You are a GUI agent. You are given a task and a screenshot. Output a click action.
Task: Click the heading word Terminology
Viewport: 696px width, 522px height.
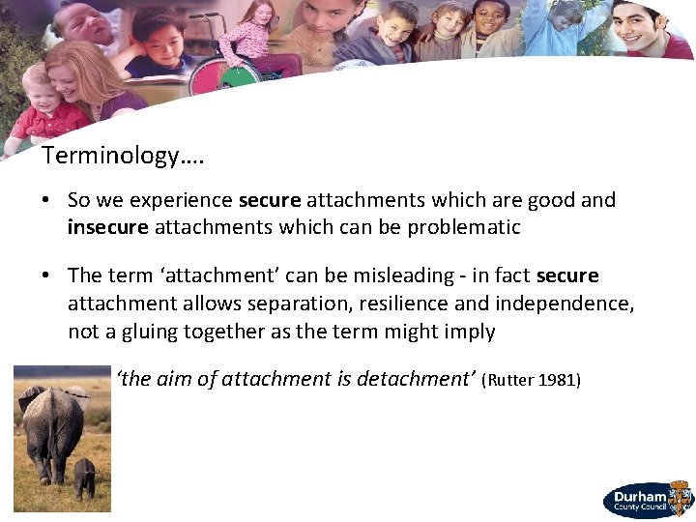112,155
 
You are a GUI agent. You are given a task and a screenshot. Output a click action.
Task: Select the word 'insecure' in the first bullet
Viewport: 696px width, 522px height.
107,227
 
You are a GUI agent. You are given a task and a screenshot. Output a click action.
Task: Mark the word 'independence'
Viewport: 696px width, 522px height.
565,304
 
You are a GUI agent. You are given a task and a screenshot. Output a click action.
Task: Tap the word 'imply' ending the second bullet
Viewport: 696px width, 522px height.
470,332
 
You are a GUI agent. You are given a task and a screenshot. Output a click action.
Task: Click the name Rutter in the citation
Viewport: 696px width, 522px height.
510,380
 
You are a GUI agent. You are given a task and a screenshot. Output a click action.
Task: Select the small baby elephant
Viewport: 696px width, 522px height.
85,476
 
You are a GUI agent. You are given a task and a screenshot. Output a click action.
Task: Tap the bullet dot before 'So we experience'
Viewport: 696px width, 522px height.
46,201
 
